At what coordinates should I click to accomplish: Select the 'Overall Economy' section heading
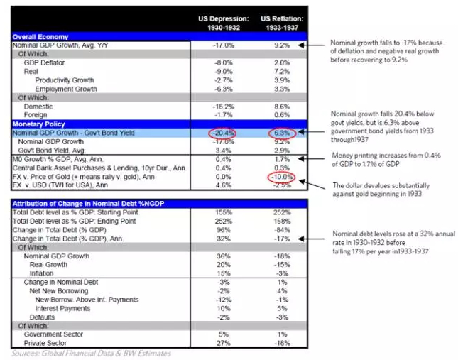pos(40,36)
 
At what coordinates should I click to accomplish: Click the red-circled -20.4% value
pos(224,132)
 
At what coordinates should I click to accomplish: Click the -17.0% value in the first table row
pos(224,45)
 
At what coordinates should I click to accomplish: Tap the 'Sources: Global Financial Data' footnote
pos(91,353)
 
